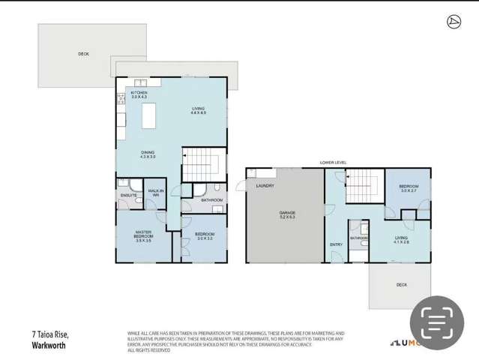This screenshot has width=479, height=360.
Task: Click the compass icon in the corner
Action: click(x=454, y=22)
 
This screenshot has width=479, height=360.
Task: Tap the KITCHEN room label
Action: click(x=139, y=94)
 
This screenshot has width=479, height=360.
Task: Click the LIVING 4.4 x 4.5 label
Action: click(x=198, y=111)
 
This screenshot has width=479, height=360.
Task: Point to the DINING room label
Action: click(x=148, y=154)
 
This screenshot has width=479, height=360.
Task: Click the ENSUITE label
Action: click(x=128, y=196)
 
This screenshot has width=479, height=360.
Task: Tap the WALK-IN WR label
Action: click(x=156, y=193)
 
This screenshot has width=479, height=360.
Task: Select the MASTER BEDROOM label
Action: click(x=144, y=235)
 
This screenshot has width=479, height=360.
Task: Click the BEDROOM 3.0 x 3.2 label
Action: click(x=205, y=236)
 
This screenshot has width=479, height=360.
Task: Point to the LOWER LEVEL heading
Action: click(x=333, y=162)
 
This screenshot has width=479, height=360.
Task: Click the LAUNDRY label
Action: click(x=265, y=186)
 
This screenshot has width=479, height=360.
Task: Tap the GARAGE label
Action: click(x=287, y=215)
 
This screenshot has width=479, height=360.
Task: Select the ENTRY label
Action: click(x=336, y=244)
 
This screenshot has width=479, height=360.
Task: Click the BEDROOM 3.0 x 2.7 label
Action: click(x=409, y=188)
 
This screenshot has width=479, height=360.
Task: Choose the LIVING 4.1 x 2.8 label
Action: click(x=402, y=240)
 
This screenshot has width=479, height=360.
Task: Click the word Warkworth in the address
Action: click(x=49, y=346)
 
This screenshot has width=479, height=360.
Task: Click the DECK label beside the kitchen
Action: click(x=83, y=54)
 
